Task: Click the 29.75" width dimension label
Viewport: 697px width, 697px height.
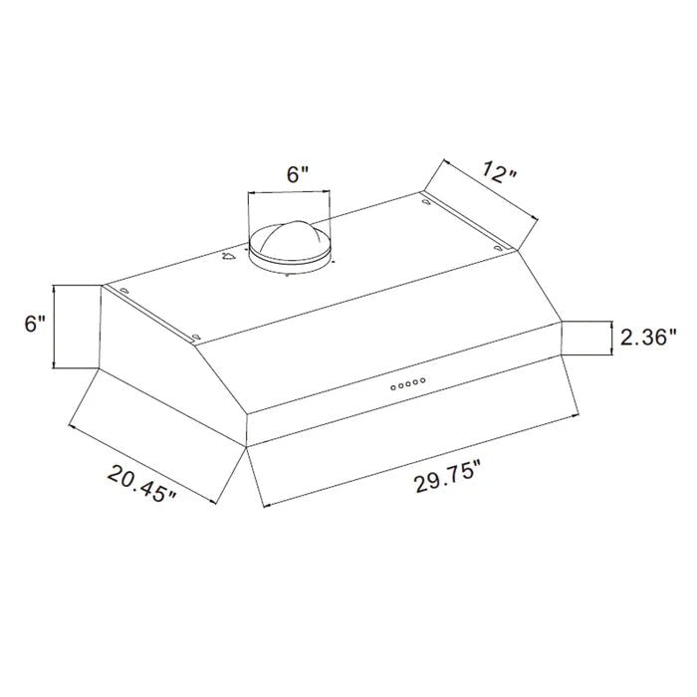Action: point(448,477)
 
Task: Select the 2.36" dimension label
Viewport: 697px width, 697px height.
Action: point(648,339)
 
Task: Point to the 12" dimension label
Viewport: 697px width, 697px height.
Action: point(500,173)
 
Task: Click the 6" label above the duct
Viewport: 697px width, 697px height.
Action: point(298,174)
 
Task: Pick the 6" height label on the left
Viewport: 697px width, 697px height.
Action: point(35,324)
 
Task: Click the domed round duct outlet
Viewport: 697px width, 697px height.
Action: point(290,247)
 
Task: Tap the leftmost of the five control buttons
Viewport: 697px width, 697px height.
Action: point(393,388)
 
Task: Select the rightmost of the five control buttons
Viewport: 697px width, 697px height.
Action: point(423,380)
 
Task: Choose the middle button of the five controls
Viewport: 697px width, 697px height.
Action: point(408,384)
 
